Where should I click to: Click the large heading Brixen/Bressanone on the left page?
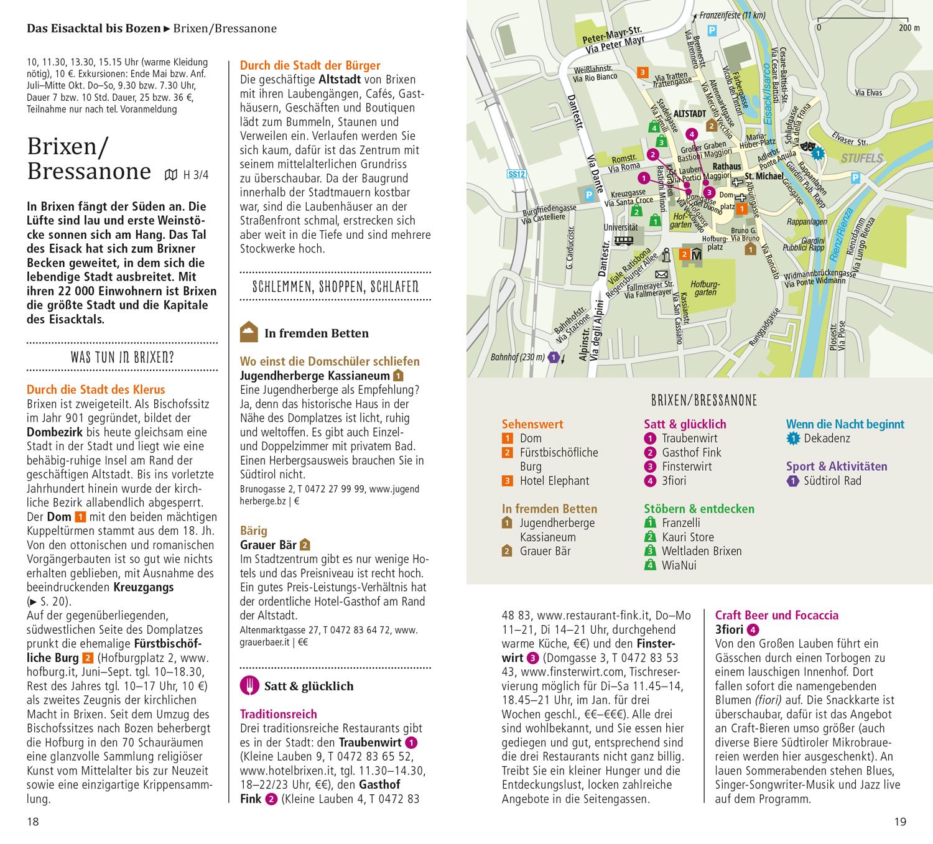tap(89, 159)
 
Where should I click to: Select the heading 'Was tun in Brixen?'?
tap(122, 358)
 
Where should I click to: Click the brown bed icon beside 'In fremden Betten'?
tap(249, 333)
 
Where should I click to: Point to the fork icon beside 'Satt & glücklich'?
tap(249, 685)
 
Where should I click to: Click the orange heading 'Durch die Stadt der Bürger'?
tap(310, 65)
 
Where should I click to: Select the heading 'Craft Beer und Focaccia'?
tap(776, 615)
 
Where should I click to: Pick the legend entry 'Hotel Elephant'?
tap(554, 481)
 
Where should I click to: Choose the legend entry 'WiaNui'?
tap(679, 565)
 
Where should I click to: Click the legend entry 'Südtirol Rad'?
tap(832, 481)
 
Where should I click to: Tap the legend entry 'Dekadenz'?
tap(827, 438)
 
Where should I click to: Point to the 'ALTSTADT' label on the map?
tap(690, 114)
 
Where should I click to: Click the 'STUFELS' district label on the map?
tap(862, 159)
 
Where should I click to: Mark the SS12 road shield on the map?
tap(516, 174)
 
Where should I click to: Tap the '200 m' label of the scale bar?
tap(909, 28)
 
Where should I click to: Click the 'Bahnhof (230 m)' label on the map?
tap(517, 358)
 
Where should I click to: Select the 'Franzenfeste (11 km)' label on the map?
tap(732, 16)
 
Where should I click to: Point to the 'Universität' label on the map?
tap(620, 228)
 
